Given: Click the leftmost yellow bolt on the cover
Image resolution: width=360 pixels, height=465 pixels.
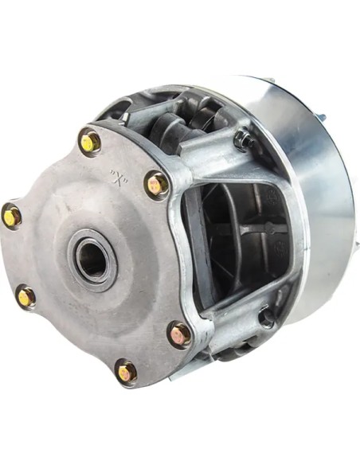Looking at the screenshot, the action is click(11, 216).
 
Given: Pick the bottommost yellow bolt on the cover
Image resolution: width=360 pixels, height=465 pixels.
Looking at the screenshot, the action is click(126, 372).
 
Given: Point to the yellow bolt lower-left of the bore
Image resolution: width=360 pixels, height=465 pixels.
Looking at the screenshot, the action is click(26, 296).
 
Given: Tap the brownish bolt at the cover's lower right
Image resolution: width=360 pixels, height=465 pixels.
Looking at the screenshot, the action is click(180, 334).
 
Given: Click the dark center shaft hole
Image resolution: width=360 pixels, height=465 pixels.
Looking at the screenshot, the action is click(92, 256).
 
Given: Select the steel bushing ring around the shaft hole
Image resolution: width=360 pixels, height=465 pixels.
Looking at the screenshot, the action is click(92, 256).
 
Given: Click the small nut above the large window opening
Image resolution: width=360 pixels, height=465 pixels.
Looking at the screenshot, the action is click(245, 139).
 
